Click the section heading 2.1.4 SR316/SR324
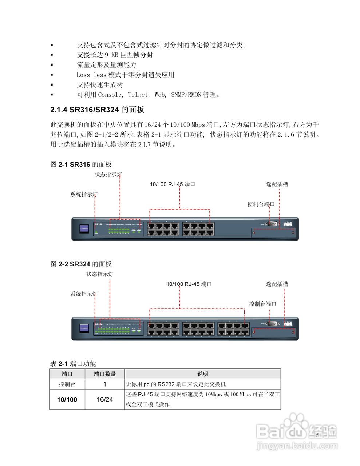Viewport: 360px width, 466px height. click(x=97, y=110)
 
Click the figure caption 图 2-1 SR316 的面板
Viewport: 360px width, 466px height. click(x=81, y=165)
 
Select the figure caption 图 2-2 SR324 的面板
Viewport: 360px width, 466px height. click(x=81, y=264)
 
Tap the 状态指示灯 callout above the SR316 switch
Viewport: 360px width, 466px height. click(x=108, y=175)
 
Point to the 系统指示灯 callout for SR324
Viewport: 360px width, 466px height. click(x=84, y=294)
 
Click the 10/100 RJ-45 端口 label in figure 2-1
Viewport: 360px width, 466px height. click(x=173, y=185)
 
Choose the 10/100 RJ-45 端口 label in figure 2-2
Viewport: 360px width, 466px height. click(x=189, y=284)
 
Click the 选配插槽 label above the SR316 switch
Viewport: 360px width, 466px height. click(x=277, y=185)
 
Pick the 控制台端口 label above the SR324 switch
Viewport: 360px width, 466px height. click(x=262, y=304)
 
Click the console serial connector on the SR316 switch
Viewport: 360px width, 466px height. click(x=272, y=224)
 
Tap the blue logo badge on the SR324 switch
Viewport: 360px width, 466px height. click(x=84, y=328)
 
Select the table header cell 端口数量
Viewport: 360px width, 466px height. click(x=105, y=374)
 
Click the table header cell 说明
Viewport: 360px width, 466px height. click(x=203, y=374)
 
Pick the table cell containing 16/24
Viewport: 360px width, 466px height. click(x=105, y=399)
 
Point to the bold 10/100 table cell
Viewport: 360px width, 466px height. click(x=67, y=399)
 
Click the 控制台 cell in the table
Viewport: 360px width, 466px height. click(x=67, y=384)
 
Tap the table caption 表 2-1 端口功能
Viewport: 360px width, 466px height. click(x=73, y=364)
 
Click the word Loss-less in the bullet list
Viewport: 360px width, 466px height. click(x=91, y=75)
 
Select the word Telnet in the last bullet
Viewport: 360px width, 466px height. click(x=138, y=95)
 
